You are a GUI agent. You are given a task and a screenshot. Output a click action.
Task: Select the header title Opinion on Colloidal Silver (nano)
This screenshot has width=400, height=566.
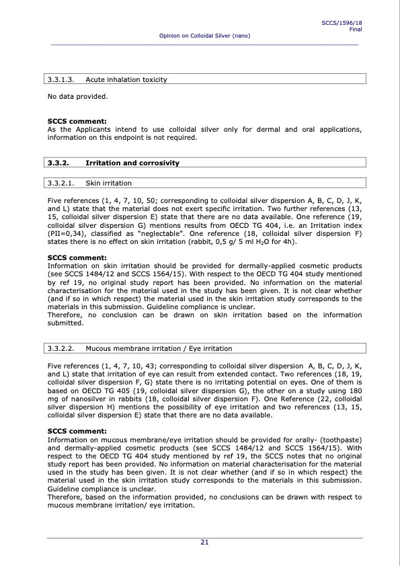204,35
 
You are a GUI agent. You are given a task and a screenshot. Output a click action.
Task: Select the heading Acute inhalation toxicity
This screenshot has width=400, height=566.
126,79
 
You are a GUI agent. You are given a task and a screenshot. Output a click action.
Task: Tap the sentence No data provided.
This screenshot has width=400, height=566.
77,96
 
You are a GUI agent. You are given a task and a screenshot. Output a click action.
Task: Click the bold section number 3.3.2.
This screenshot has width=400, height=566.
59,163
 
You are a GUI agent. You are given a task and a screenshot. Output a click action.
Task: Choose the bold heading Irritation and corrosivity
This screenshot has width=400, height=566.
132,163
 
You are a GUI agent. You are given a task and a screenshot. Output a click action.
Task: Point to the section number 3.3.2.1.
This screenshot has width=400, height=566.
61,183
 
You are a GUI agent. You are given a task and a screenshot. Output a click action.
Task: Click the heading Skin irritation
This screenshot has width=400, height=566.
109,183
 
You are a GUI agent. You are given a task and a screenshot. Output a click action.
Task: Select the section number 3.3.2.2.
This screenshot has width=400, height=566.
61,348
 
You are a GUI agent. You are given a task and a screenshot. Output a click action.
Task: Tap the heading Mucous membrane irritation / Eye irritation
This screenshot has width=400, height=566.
159,348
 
